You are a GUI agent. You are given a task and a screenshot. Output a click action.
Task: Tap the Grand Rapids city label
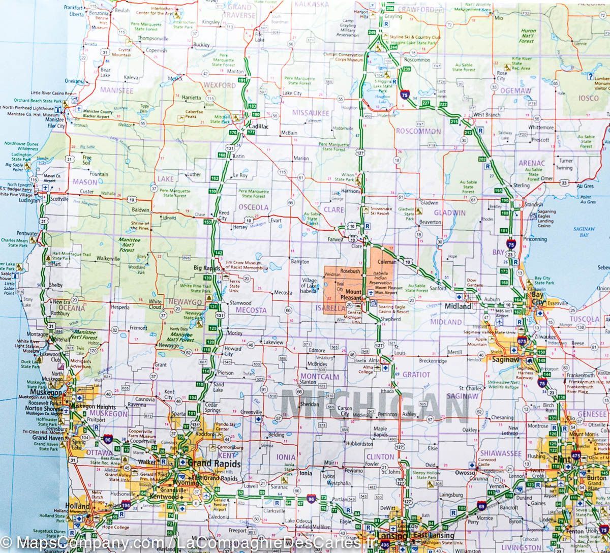pyautogui.click(x=208, y=463)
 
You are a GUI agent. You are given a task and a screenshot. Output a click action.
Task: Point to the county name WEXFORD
pyautogui.click(x=219, y=86)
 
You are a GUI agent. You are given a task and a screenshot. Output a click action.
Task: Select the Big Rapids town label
pyautogui.click(x=205, y=267)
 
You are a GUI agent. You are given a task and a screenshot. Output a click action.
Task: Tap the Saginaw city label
pyautogui.click(x=505, y=359)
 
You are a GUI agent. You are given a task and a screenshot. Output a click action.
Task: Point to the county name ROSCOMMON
pyautogui.click(x=418, y=132)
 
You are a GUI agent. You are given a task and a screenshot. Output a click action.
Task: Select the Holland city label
pyautogui.click(x=77, y=507)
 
